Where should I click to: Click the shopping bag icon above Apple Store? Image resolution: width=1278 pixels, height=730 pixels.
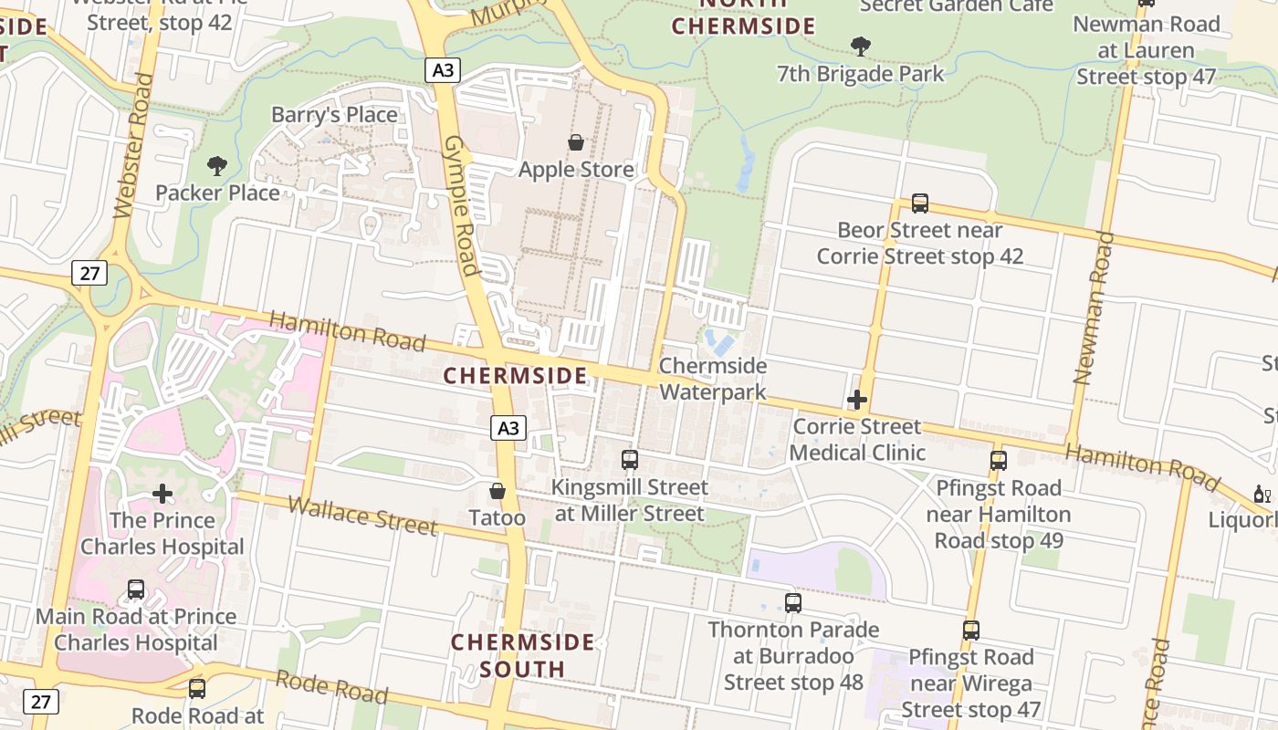(576, 142)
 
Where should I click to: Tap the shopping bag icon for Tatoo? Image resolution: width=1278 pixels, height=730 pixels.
(498, 492)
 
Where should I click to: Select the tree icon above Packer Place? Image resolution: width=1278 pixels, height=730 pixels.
(217, 166)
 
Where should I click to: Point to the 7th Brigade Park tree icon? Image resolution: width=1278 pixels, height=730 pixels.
(860, 46)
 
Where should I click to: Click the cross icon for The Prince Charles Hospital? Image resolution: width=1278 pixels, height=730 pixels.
(162, 495)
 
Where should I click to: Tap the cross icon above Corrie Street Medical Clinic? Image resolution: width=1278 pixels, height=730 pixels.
(857, 400)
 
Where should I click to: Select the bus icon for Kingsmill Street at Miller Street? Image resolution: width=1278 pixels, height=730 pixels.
(630, 460)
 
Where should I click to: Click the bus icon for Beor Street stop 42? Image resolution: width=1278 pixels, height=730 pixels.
(920, 203)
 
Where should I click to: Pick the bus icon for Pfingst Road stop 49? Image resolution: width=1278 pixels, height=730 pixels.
(999, 461)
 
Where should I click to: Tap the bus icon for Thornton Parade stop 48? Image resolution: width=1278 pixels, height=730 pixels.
(793, 603)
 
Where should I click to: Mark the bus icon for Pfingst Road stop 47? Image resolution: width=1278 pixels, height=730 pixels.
(971, 631)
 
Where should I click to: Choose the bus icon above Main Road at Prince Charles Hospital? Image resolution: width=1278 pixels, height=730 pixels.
(136, 589)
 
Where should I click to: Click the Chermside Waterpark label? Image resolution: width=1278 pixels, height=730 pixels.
(713, 379)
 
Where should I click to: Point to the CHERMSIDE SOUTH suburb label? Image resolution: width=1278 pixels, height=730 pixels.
(523, 655)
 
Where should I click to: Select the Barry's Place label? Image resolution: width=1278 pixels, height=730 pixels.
(334, 115)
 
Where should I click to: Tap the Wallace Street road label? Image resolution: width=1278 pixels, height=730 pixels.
(362, 516)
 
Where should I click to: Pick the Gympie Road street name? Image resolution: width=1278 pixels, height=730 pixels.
(461, 205)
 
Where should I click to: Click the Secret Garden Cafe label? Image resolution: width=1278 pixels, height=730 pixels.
(957, 5)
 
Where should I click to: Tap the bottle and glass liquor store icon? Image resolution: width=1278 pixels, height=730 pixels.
(1262, 495)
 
